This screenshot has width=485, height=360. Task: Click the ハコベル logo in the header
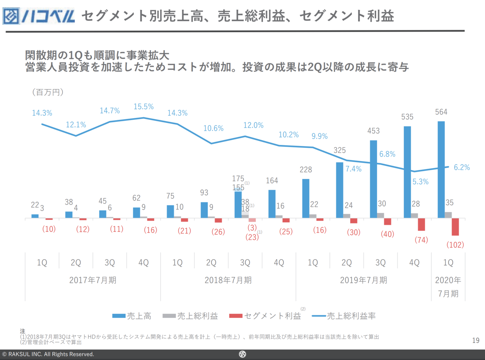[x=39, y=16]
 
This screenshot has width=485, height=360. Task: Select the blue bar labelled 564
[x=441, y=169]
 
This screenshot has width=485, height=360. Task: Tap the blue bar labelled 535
[x=407, y=172]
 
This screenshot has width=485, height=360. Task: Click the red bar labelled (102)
[x=455, y=227]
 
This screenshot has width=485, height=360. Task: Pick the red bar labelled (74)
[x=421, y=225]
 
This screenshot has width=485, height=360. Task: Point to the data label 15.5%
[x=144, y=107]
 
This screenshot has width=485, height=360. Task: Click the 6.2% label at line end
[x=462, y=167]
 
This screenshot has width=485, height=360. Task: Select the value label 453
[x=373, y=131]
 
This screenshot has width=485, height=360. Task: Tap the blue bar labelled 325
[x=339, y=190]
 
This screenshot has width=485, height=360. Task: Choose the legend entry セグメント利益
[x=265, y=316]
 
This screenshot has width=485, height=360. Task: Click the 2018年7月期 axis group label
[x=228, y=280]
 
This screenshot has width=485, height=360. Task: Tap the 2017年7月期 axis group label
[x=93, y=280]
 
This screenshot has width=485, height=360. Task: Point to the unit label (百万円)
[x=47, y=92]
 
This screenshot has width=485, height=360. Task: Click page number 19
[x=476, y=340]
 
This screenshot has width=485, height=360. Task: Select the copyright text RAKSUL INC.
[x=48, y=354]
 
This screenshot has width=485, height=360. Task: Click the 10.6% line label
[x=213, y=128]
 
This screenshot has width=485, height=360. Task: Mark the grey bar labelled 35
[x=448, y=215]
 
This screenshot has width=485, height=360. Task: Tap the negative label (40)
[x=387, y=234]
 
